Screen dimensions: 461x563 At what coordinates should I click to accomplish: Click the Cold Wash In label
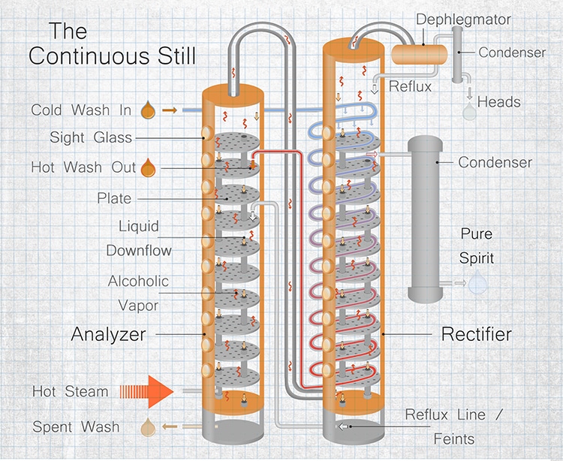(x=81, y=110)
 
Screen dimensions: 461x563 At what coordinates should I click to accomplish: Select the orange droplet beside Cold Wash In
(x=148, y=110)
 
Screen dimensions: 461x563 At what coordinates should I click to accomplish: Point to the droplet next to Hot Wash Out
(x=148, y=166)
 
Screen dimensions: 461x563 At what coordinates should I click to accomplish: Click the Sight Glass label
(x=91, y=137)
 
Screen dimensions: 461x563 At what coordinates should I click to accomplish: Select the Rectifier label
(x=477, y=333)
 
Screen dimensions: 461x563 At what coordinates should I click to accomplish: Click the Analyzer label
(x=108, y=333)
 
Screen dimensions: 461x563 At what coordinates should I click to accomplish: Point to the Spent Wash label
(x=76, y=427)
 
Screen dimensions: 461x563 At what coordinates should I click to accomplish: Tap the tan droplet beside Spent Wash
(x=149, y=427)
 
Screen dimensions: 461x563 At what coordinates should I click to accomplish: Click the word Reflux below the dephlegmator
(x=410, y=86)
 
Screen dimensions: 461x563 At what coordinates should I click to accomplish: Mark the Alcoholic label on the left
(x=138, y=281)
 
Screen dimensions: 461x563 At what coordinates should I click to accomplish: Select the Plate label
(x=114, y=198)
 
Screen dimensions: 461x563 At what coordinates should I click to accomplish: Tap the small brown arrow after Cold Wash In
(x=170, y=110)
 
